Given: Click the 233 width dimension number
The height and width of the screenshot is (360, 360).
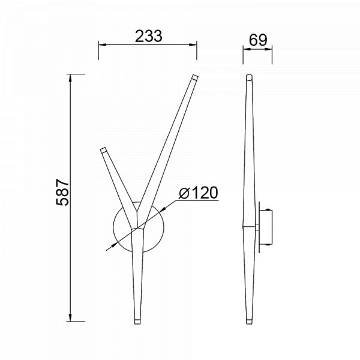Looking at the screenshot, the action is pos(149,36).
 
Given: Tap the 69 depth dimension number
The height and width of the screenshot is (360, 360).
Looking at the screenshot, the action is pos(258,40).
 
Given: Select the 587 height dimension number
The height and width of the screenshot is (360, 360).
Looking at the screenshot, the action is pos(62,192).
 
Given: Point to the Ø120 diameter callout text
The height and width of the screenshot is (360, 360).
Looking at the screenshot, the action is pos(199,193).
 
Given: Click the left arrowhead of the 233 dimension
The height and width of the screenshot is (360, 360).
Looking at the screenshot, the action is pos(102,44).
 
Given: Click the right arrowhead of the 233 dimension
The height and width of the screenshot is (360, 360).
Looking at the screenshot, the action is pos(193,44).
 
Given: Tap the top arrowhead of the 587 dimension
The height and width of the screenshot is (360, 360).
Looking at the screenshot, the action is pos(70,78).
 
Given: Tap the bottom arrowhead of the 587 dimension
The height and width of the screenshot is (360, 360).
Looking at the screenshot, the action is pos(70,318).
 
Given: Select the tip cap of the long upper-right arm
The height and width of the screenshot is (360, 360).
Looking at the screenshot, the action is pos(194,77).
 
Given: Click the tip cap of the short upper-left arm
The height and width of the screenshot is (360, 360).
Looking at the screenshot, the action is pos(103,150).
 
